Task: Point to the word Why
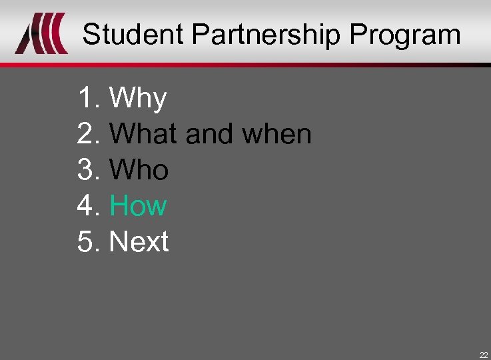138,99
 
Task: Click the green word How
138,206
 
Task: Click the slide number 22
483,355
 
